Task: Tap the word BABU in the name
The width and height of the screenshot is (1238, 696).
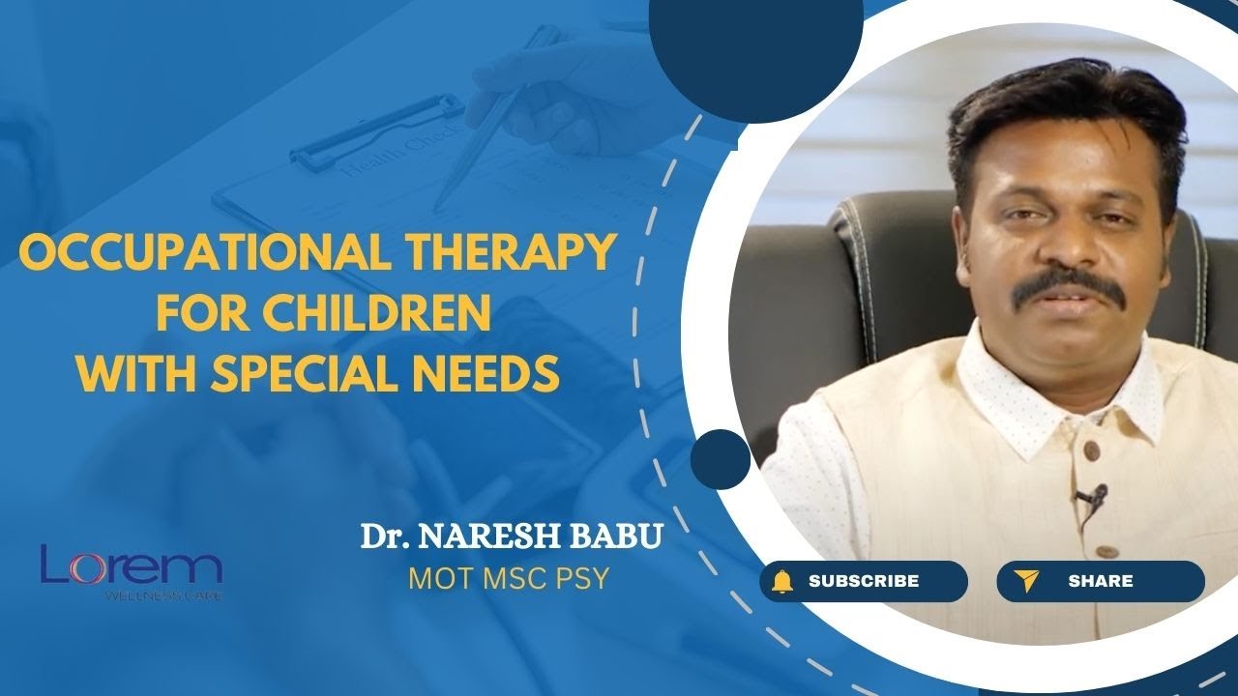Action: tap(623, 537)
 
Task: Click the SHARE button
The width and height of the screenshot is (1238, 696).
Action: tap(1100, 581)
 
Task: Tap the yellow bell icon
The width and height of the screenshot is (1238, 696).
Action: tap(782, 581)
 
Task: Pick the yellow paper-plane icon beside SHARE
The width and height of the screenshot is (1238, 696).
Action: tap(1025, 581)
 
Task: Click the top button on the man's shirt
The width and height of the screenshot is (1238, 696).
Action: tap(1090, 451)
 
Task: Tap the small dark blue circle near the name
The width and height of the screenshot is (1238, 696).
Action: tap(721, 458)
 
